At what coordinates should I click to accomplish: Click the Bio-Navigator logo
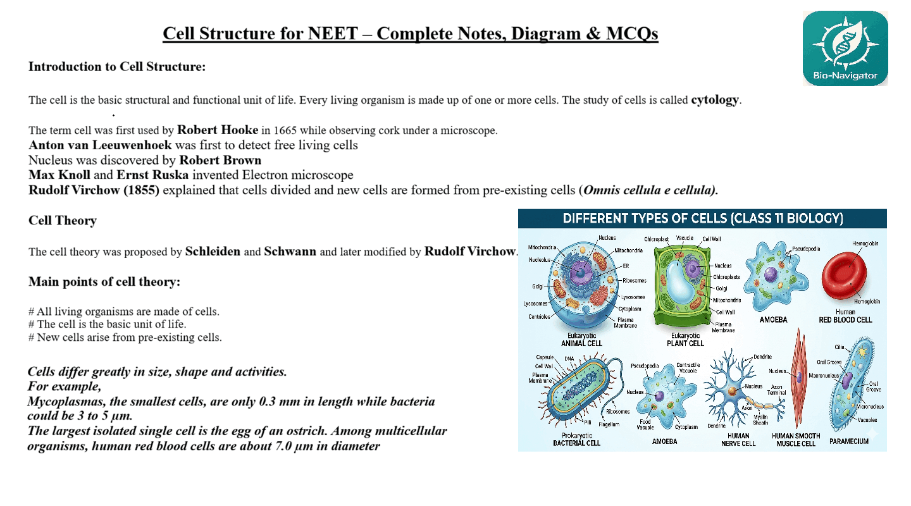[x=845, y=48]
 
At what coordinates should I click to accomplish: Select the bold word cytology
[x=714, y=100]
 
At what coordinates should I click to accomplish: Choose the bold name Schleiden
[x=213, y=252]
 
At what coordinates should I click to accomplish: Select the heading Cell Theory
[x=62, y=220]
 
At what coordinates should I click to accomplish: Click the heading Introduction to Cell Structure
[x=117, y=66]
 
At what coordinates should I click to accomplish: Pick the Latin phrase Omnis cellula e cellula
[x=650, y=190]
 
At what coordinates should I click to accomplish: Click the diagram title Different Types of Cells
[x=702, y=219]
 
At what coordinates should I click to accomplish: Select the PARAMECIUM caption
[x=849, y=441]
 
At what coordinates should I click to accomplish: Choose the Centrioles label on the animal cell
[x=539, y=317]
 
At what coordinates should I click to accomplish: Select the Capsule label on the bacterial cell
[x=545, y=357]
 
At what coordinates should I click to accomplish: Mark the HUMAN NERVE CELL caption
[x=738, y=440]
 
